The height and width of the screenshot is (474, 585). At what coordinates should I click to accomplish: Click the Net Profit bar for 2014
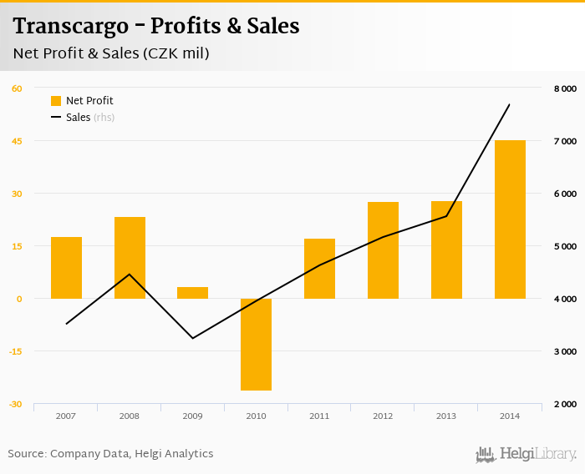pyautogui.click(x=510, y=219)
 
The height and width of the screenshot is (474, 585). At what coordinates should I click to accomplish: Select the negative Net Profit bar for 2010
pyautogui.click(x=256, y=344)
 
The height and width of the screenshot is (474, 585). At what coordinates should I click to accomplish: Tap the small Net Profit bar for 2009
pyautogui.click(x=192, y=293)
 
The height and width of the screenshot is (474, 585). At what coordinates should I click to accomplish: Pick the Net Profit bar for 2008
pyautogui.click(x=130, y=258)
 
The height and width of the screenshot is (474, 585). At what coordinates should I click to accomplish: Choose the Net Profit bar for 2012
pyautogui.click(x=383, y=250)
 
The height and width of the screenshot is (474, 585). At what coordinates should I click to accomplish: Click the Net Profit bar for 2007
pyautogui.click(x=66, y=268)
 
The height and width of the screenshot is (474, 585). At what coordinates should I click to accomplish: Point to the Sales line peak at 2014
pyautogui.click(x=509, y=104)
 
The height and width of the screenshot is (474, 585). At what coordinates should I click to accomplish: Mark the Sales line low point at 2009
pyautogui.click(x=192, y=338)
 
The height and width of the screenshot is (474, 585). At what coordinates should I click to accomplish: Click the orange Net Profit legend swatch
pyautogui.click(x=56, y=101)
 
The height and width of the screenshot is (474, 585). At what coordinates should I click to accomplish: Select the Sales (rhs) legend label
pyautogui.click(x=89, y=118)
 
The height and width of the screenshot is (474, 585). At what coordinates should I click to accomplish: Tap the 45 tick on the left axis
pyautogui.click(x=17, y=141)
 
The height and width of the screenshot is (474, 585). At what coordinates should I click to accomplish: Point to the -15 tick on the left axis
pyautogui.click(x=16, y=351)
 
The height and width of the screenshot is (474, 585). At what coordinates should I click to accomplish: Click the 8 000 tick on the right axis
pyautogui.click(x=565, y=88)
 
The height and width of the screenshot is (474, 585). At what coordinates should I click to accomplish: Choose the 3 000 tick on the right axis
pyautogui.click(x=565, y=351)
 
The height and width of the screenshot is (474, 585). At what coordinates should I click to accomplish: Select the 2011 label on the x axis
pyautogui.click(x=319, y=416)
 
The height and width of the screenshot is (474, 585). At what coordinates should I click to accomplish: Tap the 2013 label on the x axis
pyautogui.click(x=446, y=416)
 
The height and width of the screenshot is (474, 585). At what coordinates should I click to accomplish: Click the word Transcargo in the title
pyautogui.click(x=71, y=27)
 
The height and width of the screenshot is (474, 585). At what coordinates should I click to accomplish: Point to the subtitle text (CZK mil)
pyautogui.click(x=175, y=53)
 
